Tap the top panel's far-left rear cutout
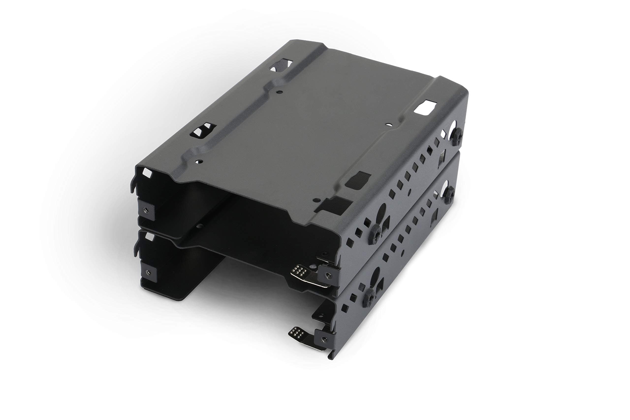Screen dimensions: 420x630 281,65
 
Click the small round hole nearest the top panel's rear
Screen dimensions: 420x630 280,92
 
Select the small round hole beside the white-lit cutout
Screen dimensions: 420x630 388,124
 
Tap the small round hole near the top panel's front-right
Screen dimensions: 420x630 317,200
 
